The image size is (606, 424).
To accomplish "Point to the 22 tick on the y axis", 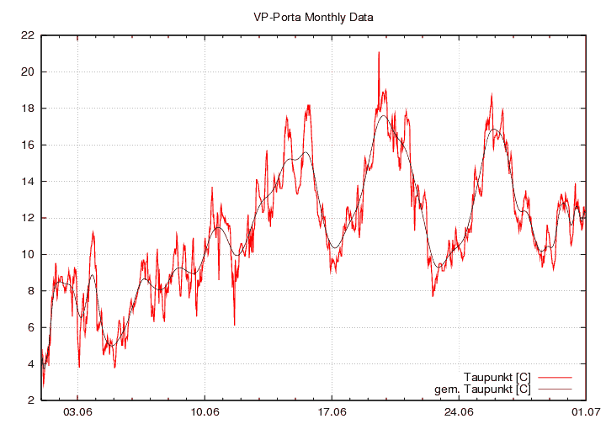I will click(27, 35).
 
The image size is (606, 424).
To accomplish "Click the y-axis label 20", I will click(27, 72).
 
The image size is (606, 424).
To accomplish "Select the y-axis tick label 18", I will click(27, 109).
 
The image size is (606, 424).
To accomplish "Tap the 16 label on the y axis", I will click(27, 145).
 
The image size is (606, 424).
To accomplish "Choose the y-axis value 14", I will click(27, 181).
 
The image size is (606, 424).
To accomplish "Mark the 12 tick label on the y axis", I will click(27, 218).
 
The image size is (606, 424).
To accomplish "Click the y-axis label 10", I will click(27, 254).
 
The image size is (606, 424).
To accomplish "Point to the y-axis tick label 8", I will click(30, 290).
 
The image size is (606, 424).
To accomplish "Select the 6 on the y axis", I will click(30, 327).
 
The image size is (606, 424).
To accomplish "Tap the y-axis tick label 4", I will click(30, 363).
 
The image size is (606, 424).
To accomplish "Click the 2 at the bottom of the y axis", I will click(30, 400).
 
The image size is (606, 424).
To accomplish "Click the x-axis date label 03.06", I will click(77, 412).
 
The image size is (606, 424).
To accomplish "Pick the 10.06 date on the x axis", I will click(205, 412).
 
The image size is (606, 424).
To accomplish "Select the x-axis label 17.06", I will click(332, 412).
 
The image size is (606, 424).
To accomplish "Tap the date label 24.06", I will click(460, 412).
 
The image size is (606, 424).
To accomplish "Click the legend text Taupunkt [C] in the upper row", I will click(497, 376).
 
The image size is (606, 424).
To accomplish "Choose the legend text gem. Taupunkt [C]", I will click(482, 389).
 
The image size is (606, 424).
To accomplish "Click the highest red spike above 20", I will click(379, 53).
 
